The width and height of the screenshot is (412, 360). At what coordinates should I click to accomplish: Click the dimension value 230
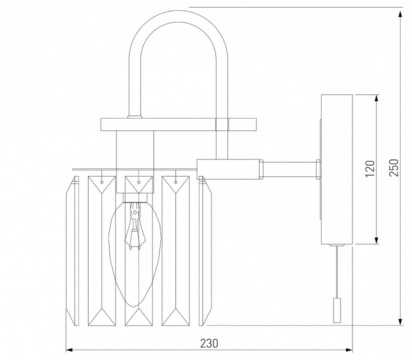pos(209,343)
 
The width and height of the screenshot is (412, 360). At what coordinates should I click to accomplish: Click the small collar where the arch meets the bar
pos(135,117)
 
